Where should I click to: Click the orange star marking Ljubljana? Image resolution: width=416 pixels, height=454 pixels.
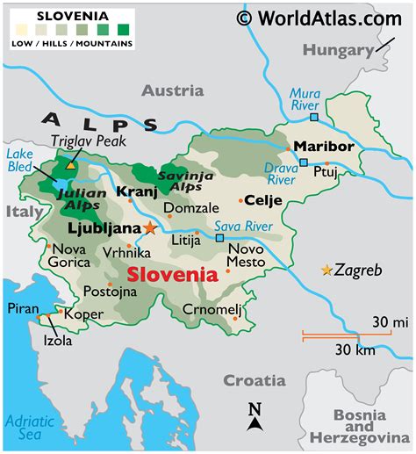coord(150,227)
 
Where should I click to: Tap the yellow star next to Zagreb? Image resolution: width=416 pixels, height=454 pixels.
coord(327,270)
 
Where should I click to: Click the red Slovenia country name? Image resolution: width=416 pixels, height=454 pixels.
coord(172,275)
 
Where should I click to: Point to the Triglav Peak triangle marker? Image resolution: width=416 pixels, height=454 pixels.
coord(70,164)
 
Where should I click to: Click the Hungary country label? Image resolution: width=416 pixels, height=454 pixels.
coord(339,50)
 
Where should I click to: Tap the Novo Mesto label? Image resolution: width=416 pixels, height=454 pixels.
coord(246,255)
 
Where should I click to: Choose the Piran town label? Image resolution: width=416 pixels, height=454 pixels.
coord(22,308)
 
